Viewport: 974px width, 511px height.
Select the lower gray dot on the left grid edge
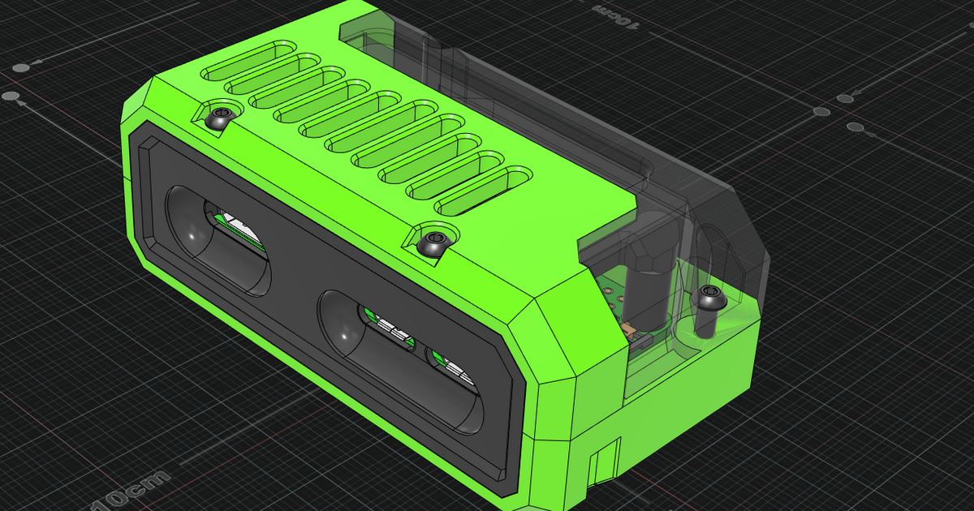pyautogui.click(x=11, y=97)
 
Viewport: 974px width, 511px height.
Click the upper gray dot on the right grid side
pyautogui.click(x=845, y=98)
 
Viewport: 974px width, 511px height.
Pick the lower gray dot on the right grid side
pyautogui.click(x=855, y=127)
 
